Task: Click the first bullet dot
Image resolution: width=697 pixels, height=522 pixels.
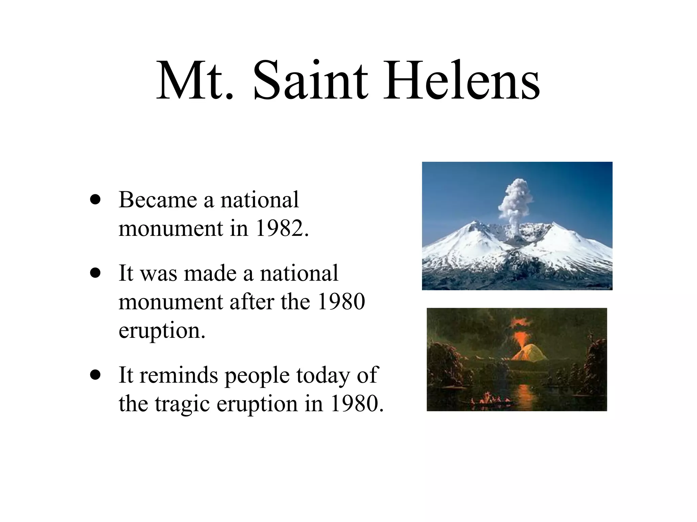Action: pos(96,199)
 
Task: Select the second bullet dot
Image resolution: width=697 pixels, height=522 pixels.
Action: pos(96,273)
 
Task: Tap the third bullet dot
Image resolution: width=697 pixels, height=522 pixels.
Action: pos(96,375)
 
